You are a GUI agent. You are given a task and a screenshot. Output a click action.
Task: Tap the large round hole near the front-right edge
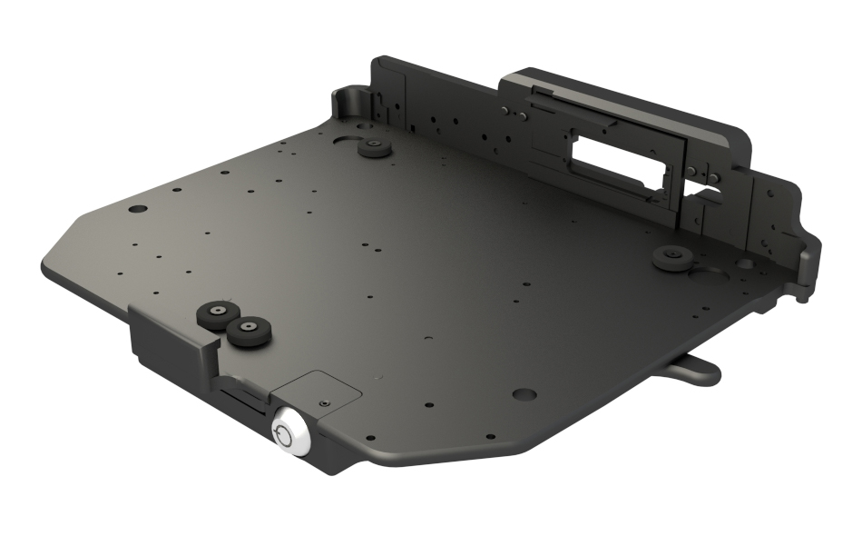tap(524, 395)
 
